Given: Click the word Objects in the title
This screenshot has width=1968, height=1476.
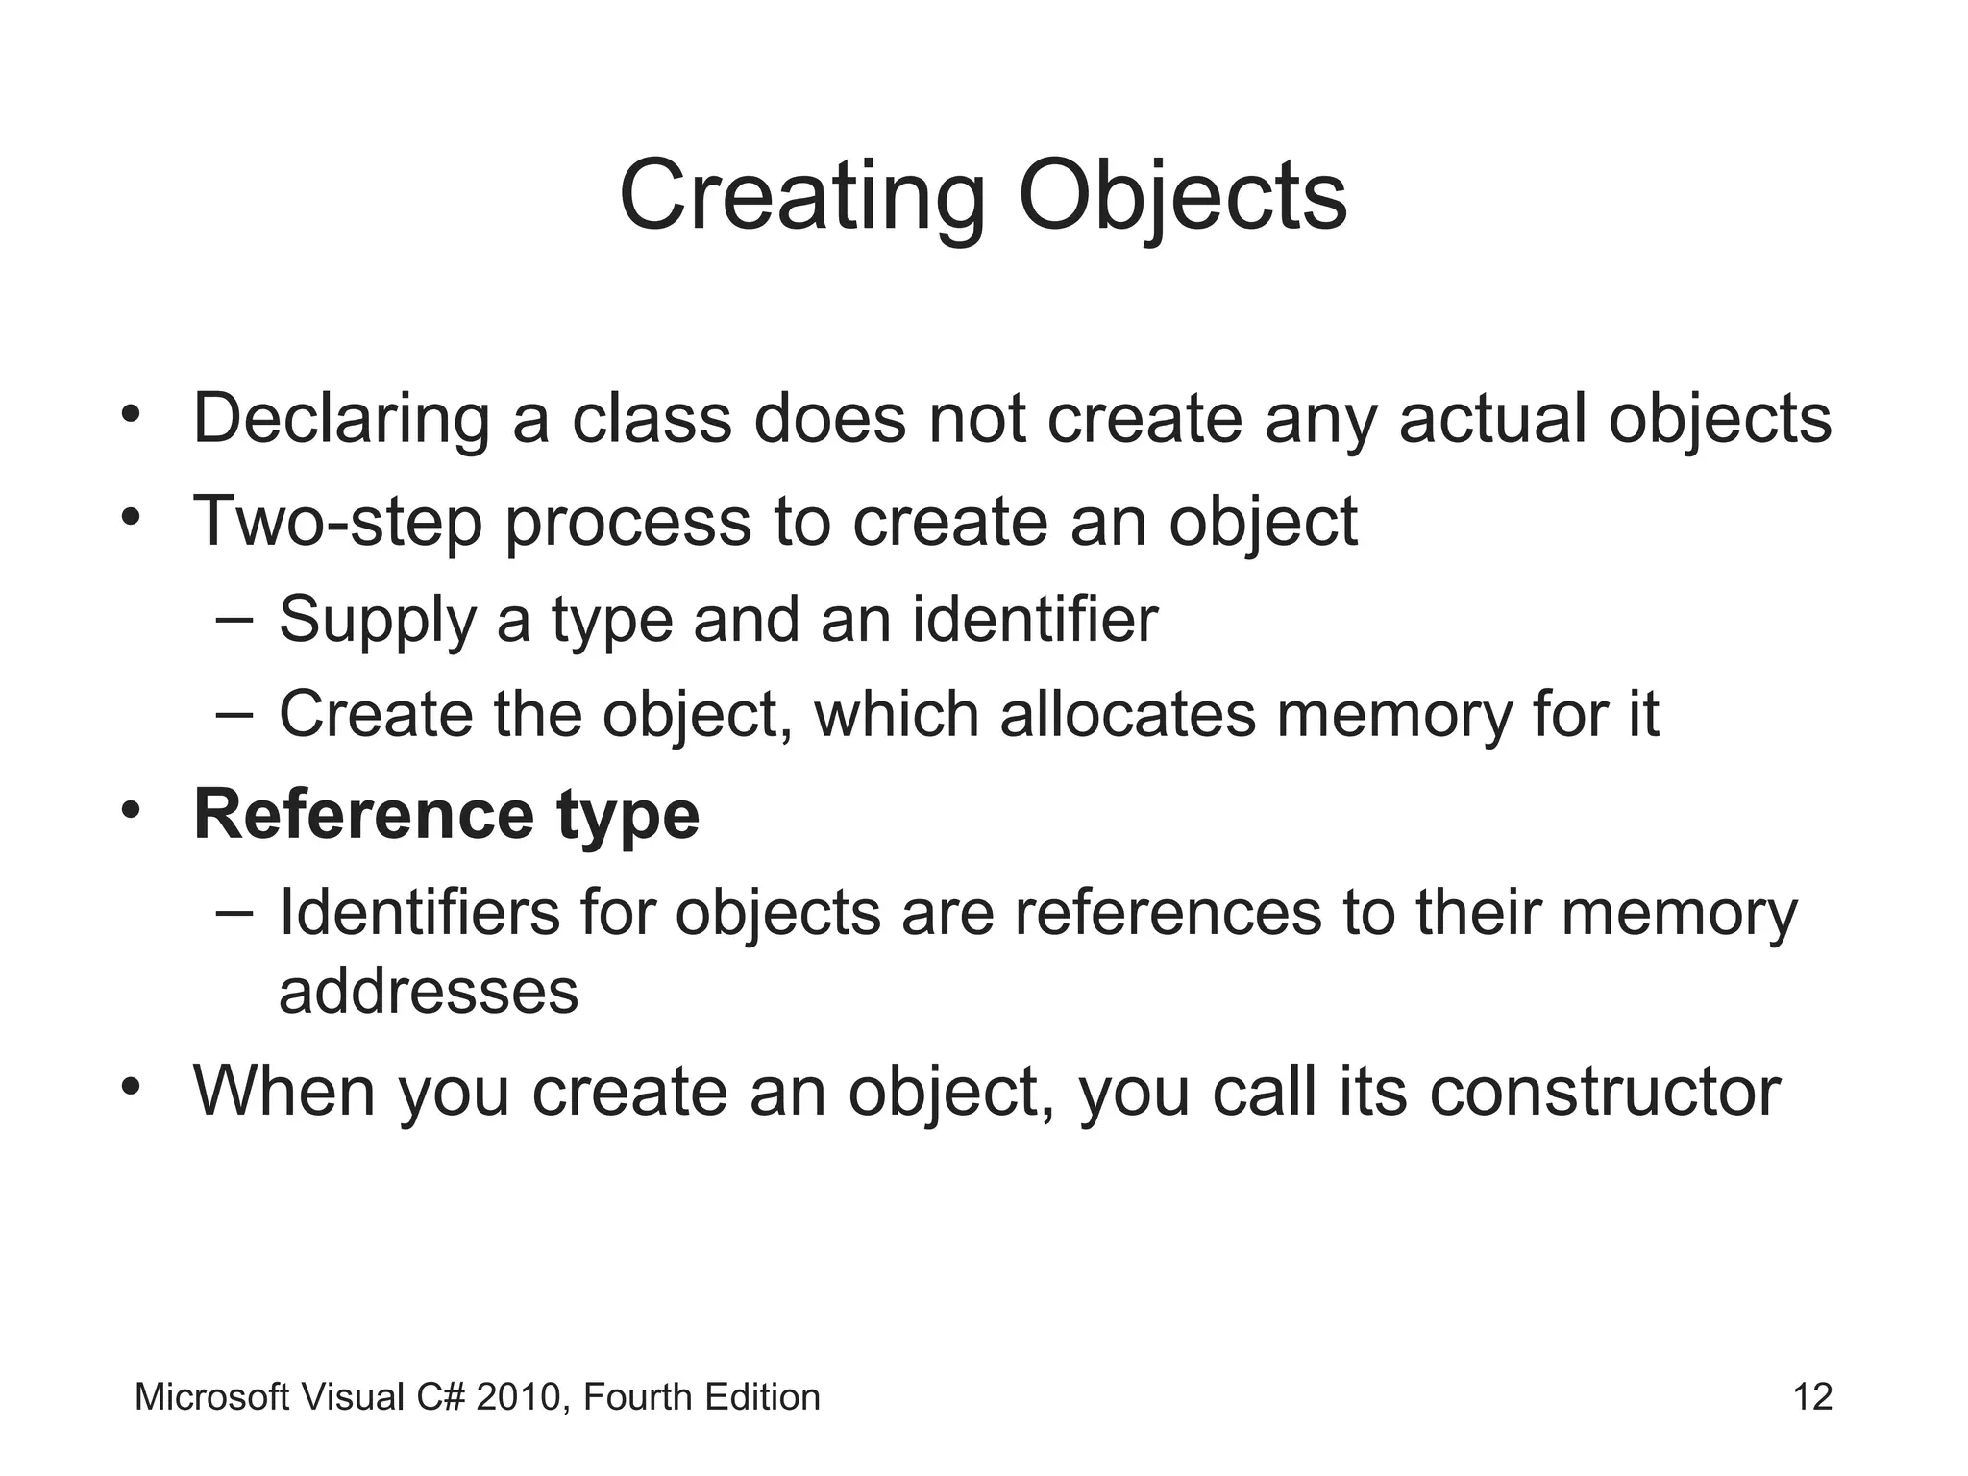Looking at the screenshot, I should pos(1182,197).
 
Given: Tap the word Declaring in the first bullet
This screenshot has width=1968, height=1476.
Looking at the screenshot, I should pos(341,420).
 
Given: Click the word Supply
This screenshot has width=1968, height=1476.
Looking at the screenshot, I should pos(378,620).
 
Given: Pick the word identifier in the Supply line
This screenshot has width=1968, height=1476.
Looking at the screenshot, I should pos(1035,619).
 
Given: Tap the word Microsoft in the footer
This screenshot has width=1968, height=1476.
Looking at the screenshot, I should pos(211,1396).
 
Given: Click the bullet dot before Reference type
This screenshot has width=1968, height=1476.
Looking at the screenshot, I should pos(131,808).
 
